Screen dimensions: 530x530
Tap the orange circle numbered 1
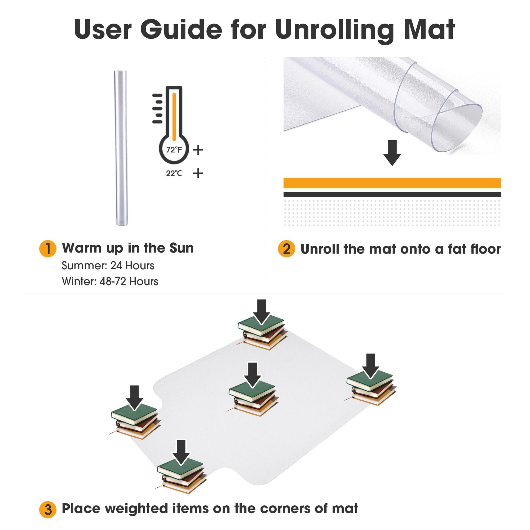pyautogui.click(x=48, y=249)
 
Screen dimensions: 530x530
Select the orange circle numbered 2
pyautogui.click(x=286, y=249)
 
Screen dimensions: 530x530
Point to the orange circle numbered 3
pyautogui.click(x=48, y=510)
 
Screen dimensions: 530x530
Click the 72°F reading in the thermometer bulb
pyautogui.click(x=174, y=150)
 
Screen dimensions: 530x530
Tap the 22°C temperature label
pyautogui.click(x=174, y=173)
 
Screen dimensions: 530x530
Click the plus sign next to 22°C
pyautogui.click(x=198, y=173)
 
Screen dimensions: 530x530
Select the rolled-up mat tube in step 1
pyautogui.click(x=120, y=148)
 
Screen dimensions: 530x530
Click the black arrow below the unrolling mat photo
pyautogui.click(x=392, y=153)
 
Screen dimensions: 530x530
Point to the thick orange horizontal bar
pyautogui.click(x=392, y=183)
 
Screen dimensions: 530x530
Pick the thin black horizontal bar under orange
pyautogui.click(x=392, y=195)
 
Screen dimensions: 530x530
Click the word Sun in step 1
pyautogui.click(x=182, y=248)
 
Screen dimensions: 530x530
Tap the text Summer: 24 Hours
pyautogui.click(x=108, y=266)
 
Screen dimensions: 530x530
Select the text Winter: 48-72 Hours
pyautogui.click(x=110, y=281)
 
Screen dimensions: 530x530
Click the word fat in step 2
pyautogui.click(x=458, y=249)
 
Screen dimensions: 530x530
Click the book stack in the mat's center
pyautogui.click(x=253, y=398)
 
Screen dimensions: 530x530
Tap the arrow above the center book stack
pyautogui.click(x=252, y=375)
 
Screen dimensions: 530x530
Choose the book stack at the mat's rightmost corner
pyautogui.click(x=371, y=388)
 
